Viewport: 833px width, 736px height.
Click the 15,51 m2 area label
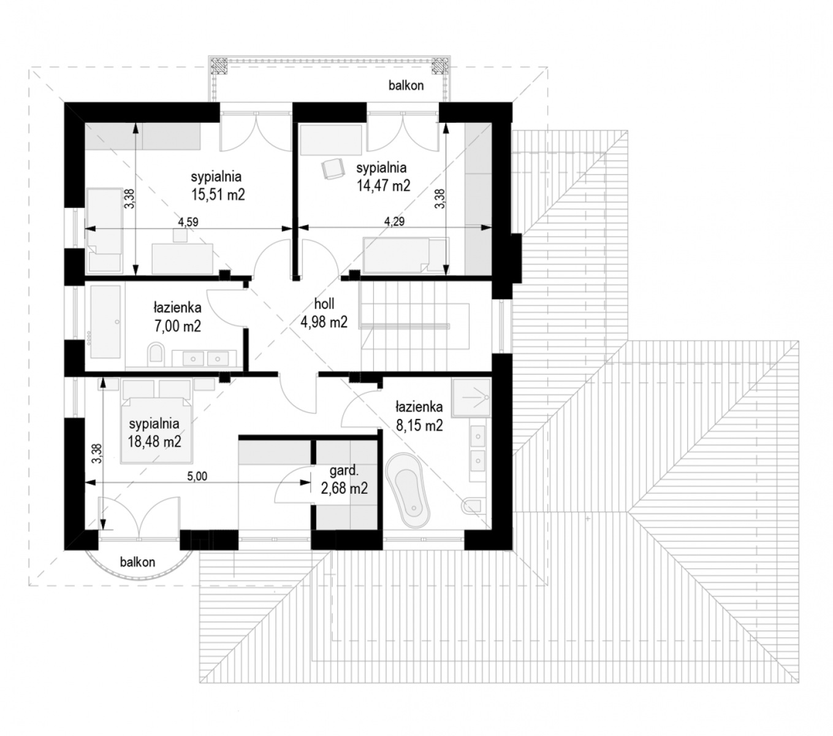218,194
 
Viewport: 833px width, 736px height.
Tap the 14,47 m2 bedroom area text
383,186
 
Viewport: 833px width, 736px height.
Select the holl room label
324,304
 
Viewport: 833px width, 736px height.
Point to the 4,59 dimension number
188,222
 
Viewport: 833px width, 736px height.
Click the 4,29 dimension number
394,221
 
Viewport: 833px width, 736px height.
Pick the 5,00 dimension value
197,477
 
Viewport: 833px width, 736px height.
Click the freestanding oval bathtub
408,491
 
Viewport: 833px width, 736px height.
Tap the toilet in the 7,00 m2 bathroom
156,353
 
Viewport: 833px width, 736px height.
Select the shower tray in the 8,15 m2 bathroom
471,397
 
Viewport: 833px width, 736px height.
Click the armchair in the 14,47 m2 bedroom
333,169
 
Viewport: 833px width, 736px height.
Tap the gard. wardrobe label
344,470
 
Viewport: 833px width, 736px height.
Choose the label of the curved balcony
137,562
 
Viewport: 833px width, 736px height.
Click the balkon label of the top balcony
406,85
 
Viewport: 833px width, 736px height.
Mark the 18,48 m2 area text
154,442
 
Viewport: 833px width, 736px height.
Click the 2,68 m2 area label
344,488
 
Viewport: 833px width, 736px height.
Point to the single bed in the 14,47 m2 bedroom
405,255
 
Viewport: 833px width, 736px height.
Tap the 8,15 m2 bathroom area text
419,425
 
